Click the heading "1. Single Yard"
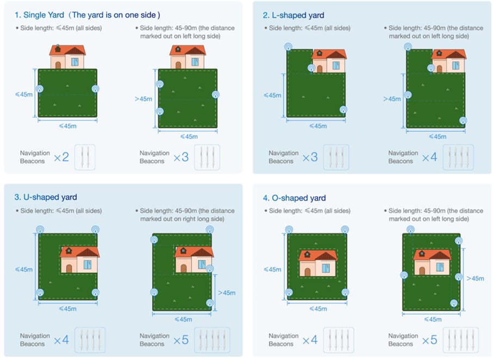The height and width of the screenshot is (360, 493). click(39, 15)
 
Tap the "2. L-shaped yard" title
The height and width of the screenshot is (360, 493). click(293, 15)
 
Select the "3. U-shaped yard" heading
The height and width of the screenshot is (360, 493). click(46, 197)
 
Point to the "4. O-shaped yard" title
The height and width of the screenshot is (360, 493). click(294, 198)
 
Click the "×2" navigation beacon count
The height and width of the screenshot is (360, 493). click(61, 157)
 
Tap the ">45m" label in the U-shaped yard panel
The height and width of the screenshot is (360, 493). click(227, 293)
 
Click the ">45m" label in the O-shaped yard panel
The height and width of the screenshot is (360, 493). click(475, 278)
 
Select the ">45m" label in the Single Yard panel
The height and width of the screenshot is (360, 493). click(143, 99)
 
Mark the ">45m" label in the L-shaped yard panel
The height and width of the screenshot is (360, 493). click(392, 99)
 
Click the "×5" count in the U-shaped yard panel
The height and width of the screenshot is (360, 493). click(181, 340)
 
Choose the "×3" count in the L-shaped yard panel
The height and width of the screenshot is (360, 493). click(310, 157)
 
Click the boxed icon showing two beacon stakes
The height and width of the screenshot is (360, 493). click(85, 157)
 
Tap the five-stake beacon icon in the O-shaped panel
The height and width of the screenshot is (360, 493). click(460, 340)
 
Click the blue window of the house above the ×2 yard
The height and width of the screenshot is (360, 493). click(75, 62)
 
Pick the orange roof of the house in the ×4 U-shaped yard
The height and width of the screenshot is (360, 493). click(80, 252)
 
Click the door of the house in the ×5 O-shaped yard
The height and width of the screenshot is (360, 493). click(422, 271)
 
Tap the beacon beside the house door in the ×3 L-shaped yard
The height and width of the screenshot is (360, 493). click(311, 68)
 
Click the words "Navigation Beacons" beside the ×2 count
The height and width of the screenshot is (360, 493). click(35, 157)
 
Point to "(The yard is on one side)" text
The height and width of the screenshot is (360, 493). click(114, 15)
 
